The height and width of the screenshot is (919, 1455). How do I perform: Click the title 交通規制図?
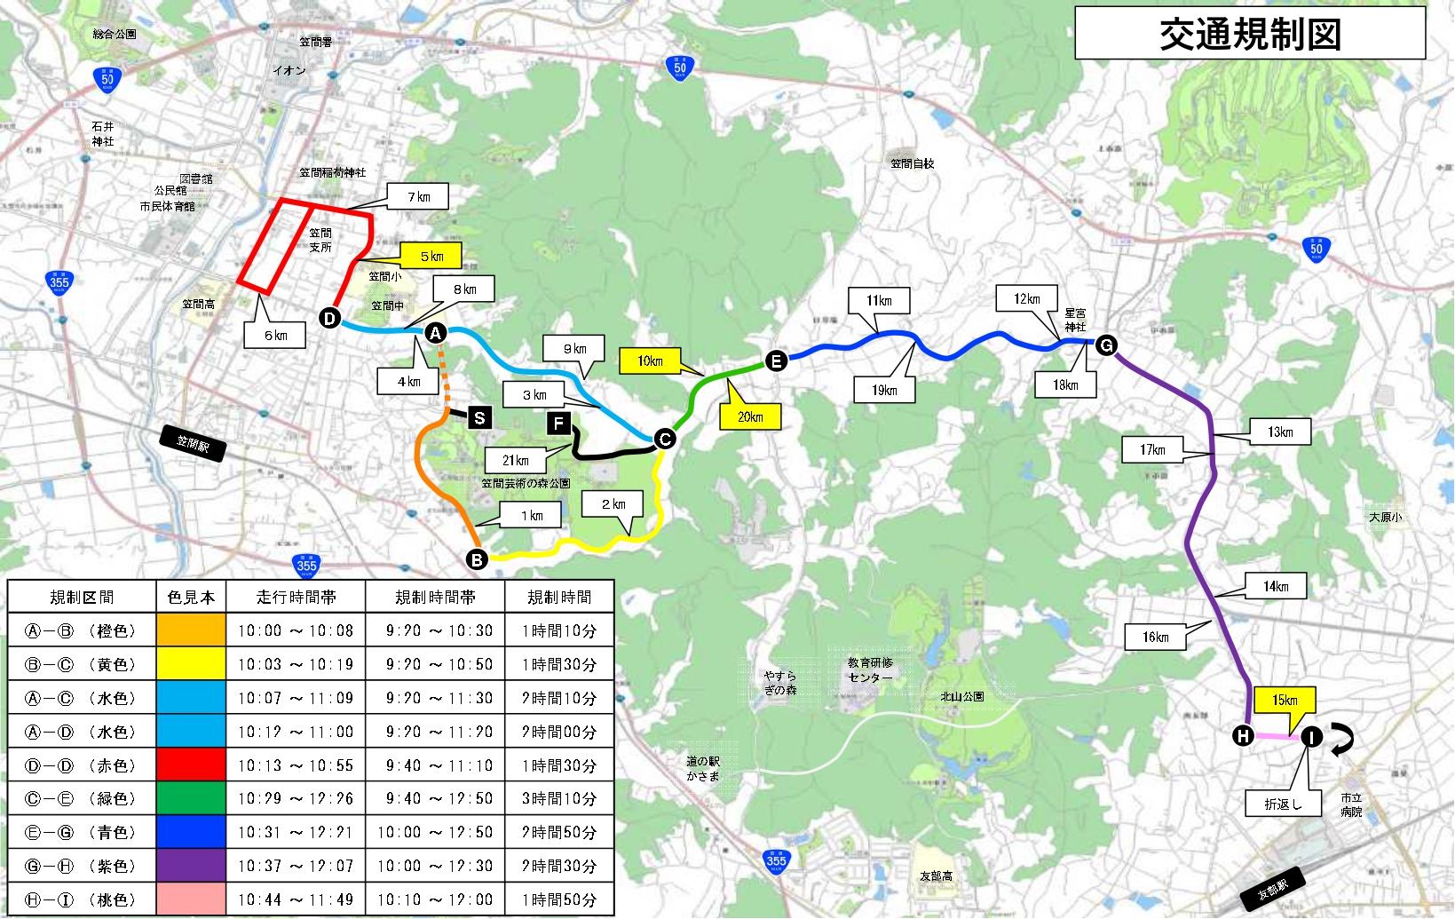pos(1249,34)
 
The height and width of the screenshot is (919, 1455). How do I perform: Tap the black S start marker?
pos(479,417)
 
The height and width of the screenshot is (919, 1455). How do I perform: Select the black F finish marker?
pos(558,424)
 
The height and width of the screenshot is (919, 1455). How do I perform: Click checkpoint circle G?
pos(1106,345)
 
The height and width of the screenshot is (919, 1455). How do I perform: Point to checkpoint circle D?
pos(329,319)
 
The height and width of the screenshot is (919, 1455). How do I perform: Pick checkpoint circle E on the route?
pos(776,360)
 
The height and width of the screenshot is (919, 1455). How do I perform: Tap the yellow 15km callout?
pos(1284,700)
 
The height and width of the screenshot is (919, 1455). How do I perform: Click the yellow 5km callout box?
pos(431,257)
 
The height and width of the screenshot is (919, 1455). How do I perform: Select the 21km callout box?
pos(515,460)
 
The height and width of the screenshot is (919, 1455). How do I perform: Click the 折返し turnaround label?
pos(1283,804)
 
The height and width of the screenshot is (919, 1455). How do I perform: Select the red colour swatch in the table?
pos(191,765)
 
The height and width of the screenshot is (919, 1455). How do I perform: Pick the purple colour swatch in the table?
pos(191,866)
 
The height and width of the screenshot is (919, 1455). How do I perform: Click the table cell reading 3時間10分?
pos(559,799)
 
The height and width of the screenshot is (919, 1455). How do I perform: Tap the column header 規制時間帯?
pos(435,598)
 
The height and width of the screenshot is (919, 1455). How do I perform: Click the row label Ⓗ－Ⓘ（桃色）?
pos(81,899)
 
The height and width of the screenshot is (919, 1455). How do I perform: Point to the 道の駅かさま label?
pos(702,769)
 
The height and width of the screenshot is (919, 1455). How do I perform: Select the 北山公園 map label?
pos(962,696)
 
